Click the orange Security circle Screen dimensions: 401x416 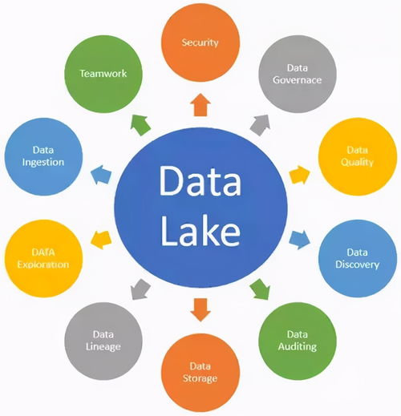click(200, 42)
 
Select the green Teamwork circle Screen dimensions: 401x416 click(103, 74)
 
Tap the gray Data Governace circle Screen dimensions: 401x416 click(298, 74)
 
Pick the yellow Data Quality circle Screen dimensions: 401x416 click(358, 156)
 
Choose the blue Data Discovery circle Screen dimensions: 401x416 click(358, 258)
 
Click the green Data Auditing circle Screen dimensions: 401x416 click(298, 341)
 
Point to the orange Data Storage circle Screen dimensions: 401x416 click(200, 373)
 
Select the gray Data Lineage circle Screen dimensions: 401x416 click(103, 341)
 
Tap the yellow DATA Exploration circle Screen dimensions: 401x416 click(43, 258)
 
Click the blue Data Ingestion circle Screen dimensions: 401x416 click(43, 156)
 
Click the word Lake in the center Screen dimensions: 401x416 click(200, 231)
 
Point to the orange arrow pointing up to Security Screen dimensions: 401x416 click(200, 105)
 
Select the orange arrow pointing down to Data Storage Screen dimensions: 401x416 click(200, 310)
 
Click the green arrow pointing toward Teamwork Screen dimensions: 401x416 click(140, 125)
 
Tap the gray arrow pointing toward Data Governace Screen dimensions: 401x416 click(261, 125)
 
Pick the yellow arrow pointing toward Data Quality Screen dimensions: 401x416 click(300, 175)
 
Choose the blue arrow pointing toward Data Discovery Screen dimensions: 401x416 click(300, 240)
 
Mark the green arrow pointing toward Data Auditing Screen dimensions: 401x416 click(260, 289)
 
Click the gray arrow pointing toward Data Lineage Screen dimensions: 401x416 click(140, 289)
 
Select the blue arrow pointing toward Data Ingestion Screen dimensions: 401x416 click(101, 175)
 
